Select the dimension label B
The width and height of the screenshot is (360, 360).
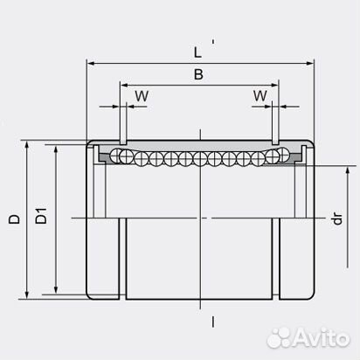pyautogui.click(x=198, y=76)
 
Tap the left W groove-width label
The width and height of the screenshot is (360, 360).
pyautogui.click(x=140, y=94)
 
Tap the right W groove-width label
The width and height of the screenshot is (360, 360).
pyautogui.click(x=260, y=94)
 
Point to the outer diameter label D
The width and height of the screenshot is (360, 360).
pyautogui.click(x=14, y=220)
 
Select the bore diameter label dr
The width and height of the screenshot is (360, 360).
pyautogui.click(x=336, y=221)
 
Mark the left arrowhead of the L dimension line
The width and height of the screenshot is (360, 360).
pyautogui.click(x=89, y=63)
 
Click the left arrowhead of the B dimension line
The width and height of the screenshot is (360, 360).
pyautogui.click(x=121, y=87)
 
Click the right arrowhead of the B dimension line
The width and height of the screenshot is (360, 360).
pyautogui.click(x=276, y=87)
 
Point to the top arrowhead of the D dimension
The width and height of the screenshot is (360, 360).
pyautogui.click(x=30, y=142)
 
